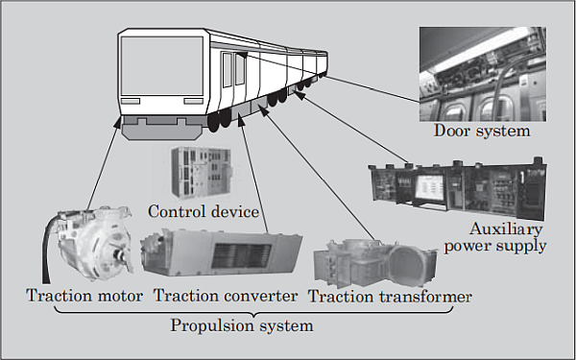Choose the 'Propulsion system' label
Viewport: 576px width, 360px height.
pyautogui.click(x=242, y=325)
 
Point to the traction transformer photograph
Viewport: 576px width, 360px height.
pyautogui.click(x=369, y=263)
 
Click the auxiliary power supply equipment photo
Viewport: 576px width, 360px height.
pyautogui.click(x=455, y=189)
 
